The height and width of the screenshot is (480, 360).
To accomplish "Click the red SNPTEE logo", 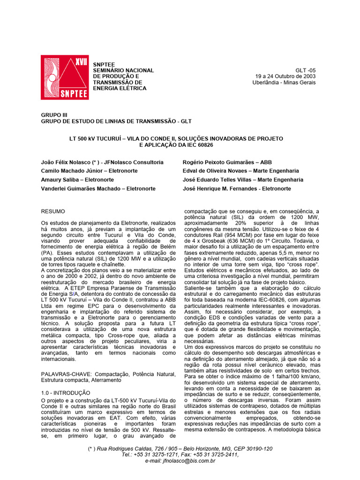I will click(x=64, y=77).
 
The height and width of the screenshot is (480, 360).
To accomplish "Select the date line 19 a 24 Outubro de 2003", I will click(x=285, y=76).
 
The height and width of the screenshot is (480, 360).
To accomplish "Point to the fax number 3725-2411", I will click(x=223, y=455).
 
